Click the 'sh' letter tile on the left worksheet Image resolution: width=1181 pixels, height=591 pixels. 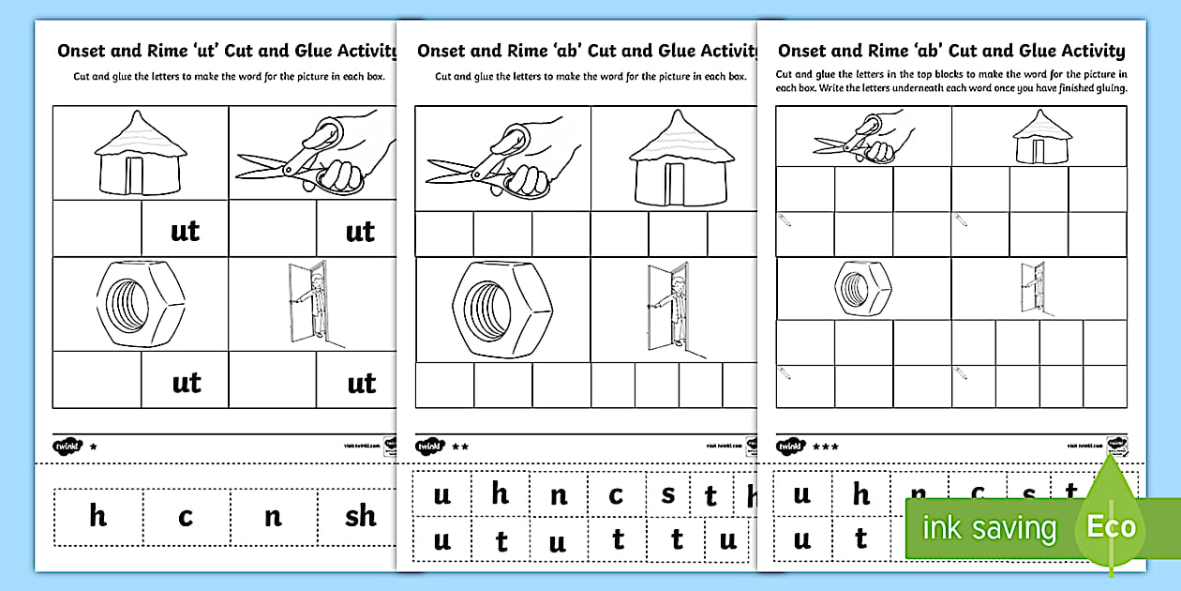[x=360, y=516]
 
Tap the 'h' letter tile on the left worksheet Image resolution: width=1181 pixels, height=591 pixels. [x=98, y=515]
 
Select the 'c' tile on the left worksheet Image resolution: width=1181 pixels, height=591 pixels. [x=186, y=516]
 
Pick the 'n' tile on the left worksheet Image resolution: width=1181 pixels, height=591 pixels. [x=273, y=516]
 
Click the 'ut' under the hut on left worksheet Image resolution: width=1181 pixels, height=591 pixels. [x=185, y=230]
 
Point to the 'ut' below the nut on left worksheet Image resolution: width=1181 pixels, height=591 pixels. [x=186, y=382]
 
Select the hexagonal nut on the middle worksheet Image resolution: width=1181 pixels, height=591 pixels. [x=502, y=308]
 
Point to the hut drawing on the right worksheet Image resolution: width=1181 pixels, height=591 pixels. [x=1036, y=137]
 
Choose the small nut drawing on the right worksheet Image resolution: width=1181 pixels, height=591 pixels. [x=861, y=288]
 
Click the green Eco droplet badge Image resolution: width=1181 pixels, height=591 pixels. [x=1111, y=524]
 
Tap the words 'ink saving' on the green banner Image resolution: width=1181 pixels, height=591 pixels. [x=989, y=528]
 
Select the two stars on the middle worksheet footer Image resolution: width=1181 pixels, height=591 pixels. [x=460, y=447]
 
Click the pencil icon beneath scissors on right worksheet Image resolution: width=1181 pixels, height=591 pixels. [x=785, y=218]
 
